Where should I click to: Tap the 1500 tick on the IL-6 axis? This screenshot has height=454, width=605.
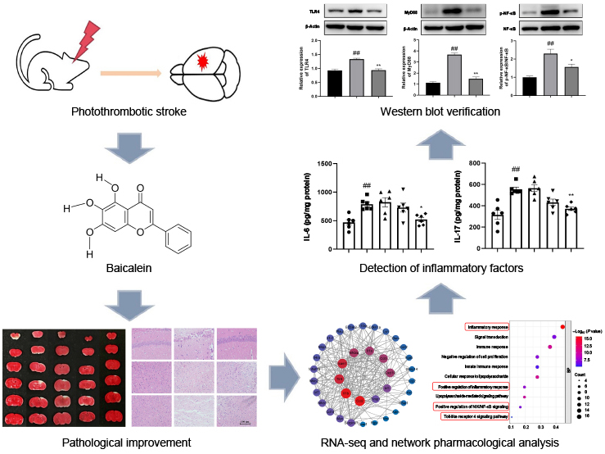322,164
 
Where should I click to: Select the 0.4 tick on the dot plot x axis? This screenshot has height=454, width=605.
556,427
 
